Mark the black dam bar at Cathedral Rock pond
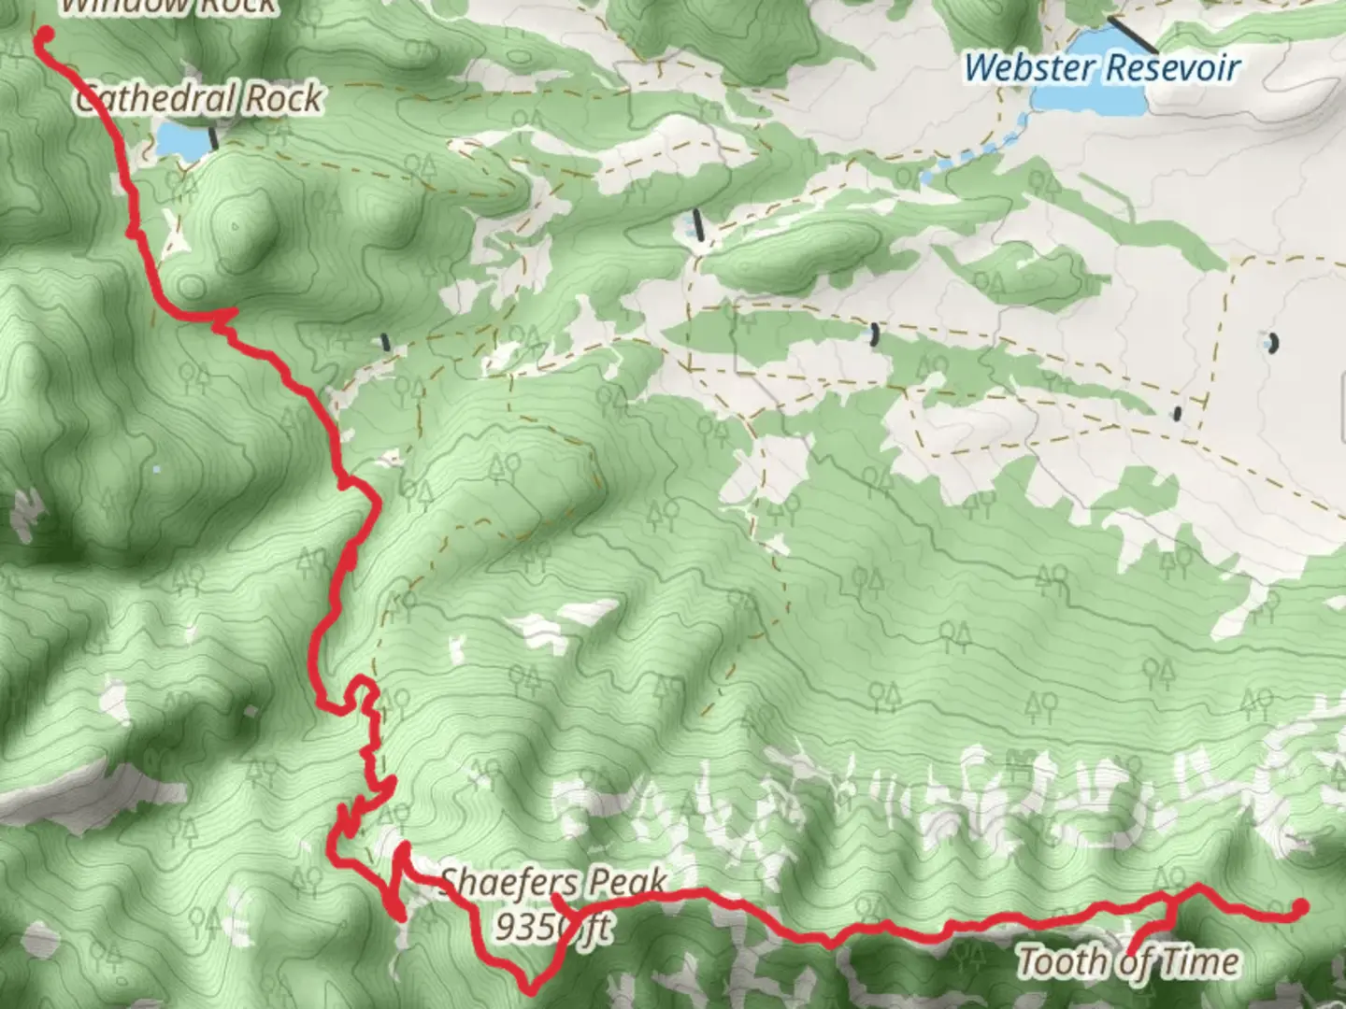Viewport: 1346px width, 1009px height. pyautogui.click(x=214, y=138)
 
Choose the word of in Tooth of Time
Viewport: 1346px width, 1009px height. pyautogui.click(x=1132, y=962)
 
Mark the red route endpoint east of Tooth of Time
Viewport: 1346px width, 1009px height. pyautogui.click(x=1299, y=906)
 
